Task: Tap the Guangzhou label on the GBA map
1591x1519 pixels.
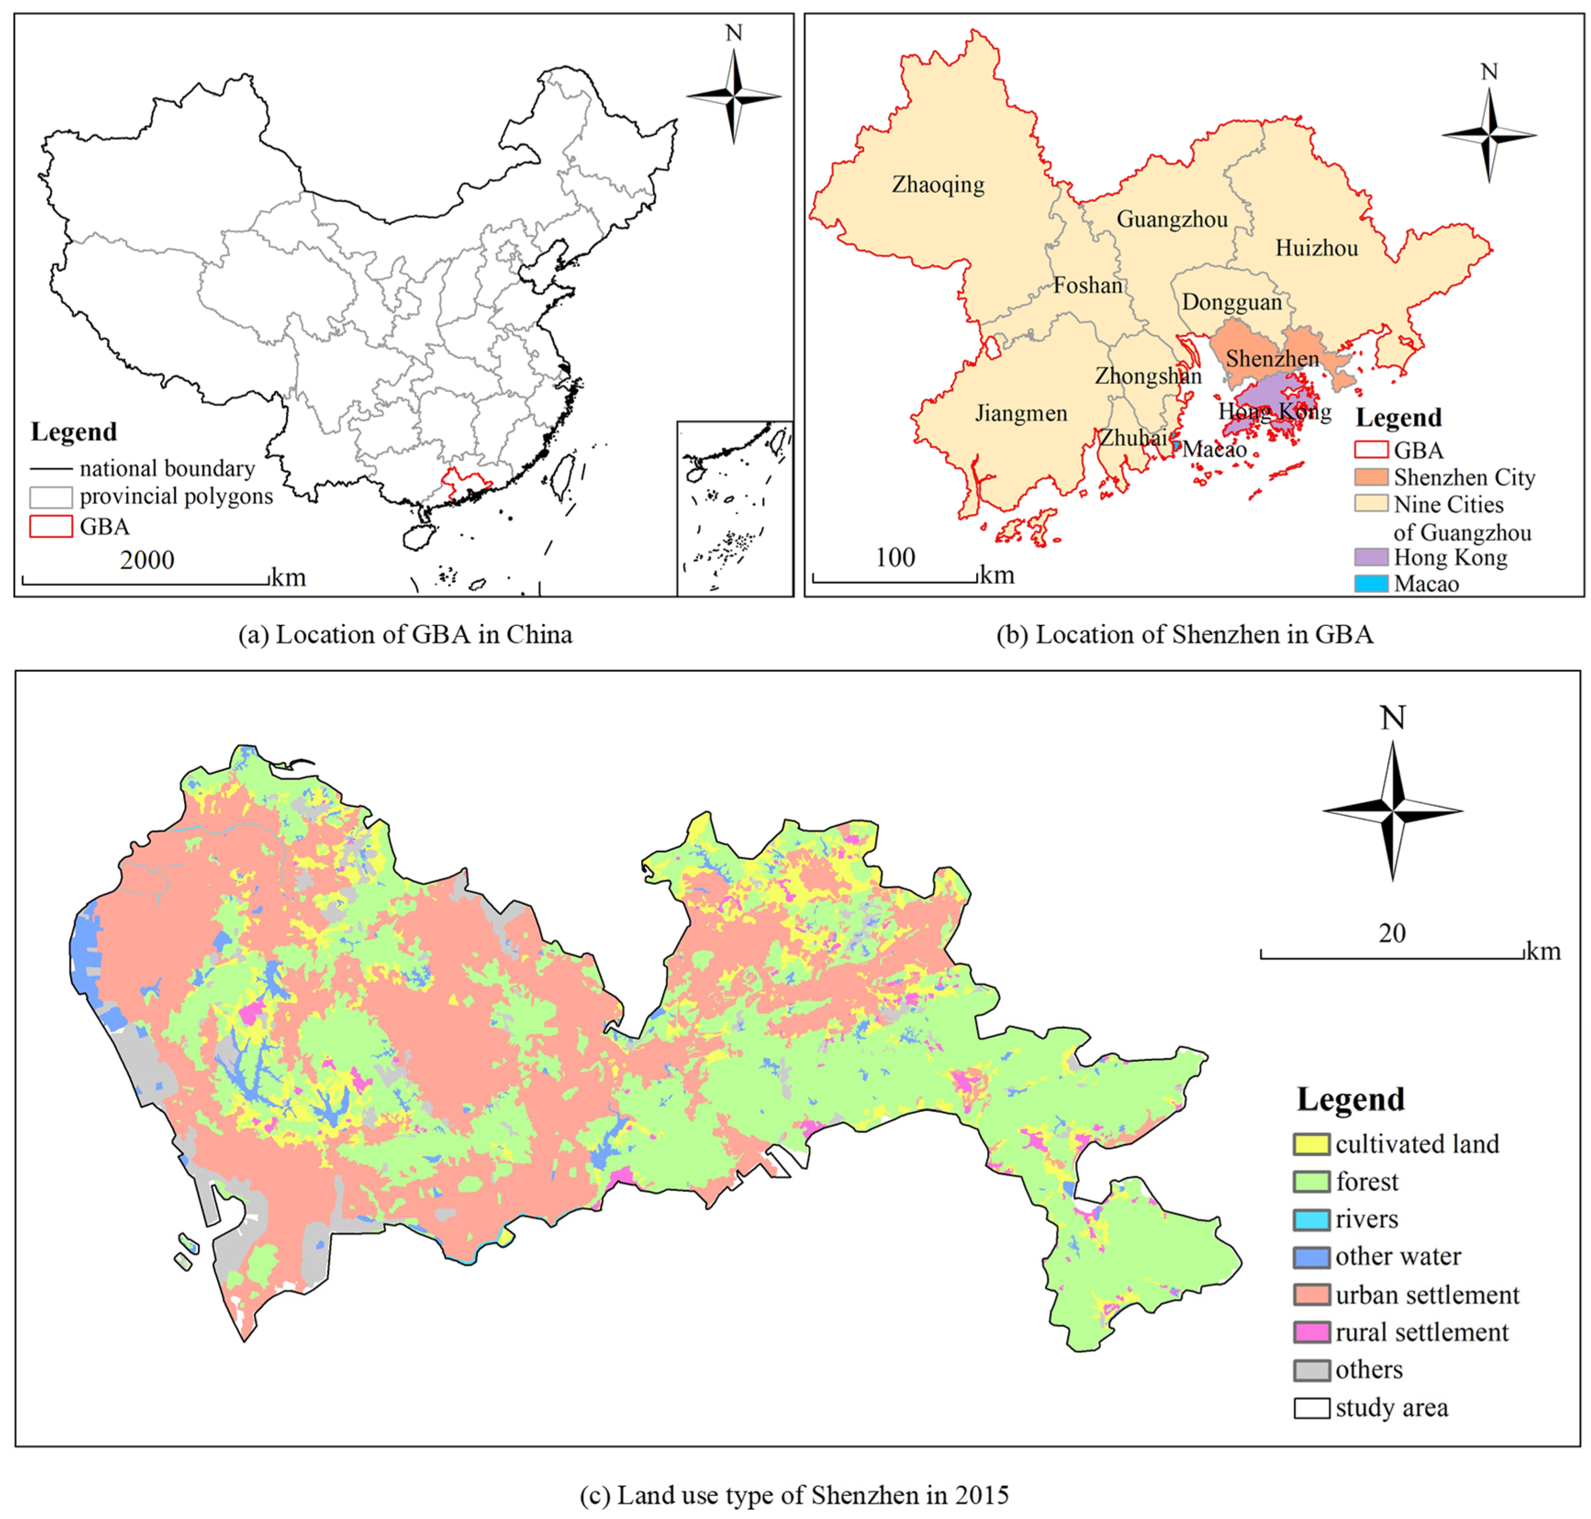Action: [x=1172, y=219]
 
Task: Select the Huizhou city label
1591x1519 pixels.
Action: [x=1317, y=248]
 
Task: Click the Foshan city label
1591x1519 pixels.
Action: [x=1088, y=285]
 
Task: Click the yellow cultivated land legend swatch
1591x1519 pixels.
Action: [x=1311, y=1144]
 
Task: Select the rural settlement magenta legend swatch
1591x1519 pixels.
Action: [x=1311, y=1332]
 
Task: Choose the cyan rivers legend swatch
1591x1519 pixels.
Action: [x=1311, y=1219]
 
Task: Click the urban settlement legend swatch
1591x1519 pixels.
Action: [x=1311, y=1295]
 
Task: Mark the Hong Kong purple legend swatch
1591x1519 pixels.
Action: [x=1371, y=557]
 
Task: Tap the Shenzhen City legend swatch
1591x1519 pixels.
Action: [x=1371, y=477]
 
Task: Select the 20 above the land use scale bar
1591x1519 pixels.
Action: [x=1392, y=933]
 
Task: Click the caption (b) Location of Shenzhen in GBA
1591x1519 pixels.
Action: [x=1184, y=634]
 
